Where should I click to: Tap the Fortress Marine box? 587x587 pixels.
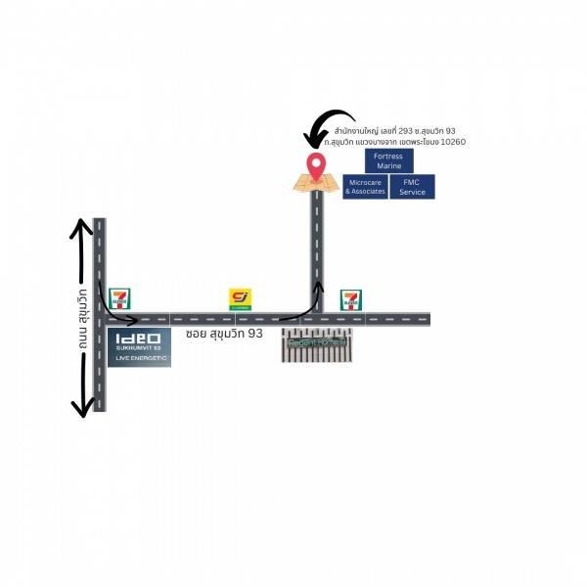tap(388, 160)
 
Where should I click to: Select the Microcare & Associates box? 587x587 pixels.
tap(365, 187)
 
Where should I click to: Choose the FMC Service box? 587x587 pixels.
tap(412, 187)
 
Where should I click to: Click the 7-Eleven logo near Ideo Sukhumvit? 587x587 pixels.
tap(119, 298)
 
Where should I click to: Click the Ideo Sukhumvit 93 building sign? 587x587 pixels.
tap(138, 344)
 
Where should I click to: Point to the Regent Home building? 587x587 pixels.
tap(316, 344)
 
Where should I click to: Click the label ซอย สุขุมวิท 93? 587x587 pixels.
tap(224, 334)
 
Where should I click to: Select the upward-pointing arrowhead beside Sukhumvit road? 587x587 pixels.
tap(80, 230)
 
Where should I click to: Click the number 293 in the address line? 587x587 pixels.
tap(409, 131)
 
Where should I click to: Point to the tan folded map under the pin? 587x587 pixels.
tap(315, 182)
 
